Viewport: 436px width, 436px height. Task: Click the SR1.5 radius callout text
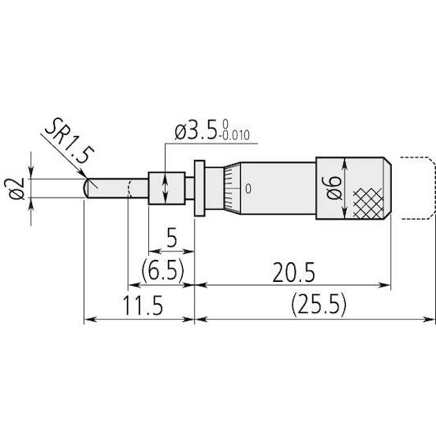point(69,141)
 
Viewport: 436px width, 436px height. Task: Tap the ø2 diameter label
point(16,188)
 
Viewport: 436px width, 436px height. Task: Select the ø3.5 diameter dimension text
point(196,131)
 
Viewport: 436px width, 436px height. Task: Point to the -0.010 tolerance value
point(234,136)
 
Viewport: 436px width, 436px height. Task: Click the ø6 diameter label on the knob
point(334,188)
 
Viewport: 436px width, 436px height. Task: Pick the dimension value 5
point(172,237)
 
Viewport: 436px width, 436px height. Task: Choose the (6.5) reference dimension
point(163,270)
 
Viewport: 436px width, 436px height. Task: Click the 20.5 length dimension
point(293,272)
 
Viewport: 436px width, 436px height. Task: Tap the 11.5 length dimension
point(143,305)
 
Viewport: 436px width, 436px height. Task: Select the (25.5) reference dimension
point(319,305)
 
